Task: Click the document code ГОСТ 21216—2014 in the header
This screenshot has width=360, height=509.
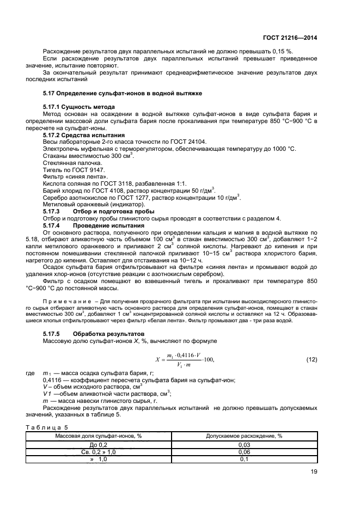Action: coord(290,38)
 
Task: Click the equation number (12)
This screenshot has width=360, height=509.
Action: coord(312,359)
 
